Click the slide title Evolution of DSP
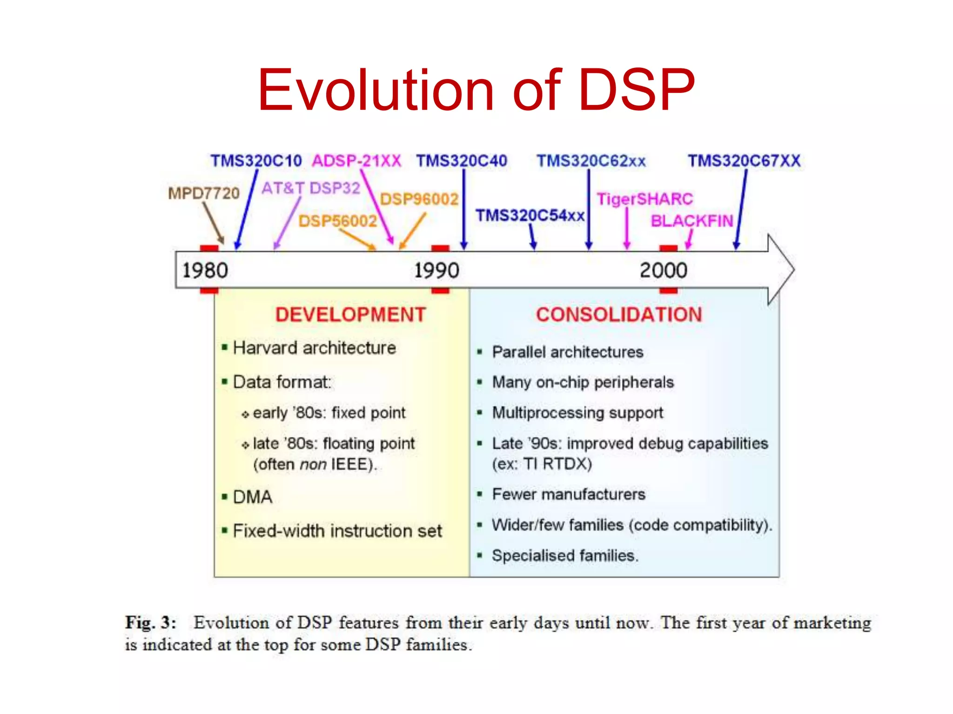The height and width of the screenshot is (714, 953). pyautogui.click(x=476, y=90)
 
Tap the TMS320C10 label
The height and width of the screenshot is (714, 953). pyautogui.click(x=256, y=161)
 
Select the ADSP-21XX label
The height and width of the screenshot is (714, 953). pyautogui.click(x=356, y=161)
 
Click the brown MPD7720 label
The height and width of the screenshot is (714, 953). pyautogui.click(x=204, y=193)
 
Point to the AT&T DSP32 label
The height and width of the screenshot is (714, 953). pyautogui.click(x=311, y=188)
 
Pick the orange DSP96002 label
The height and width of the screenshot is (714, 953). pyautogui.click(x=419, y=199)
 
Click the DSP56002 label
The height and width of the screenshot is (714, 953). pyautogui.click(x=337, y=221)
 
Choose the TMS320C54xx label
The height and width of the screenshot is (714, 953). pyautogui.click(x=530, y=216)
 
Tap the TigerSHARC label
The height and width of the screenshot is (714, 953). pyautogui.click(x=645, y=199)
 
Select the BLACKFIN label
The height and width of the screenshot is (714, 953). pyautogui.click(x=691, y=221)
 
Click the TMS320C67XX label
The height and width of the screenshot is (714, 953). pyautogui.click(x=744, y=161)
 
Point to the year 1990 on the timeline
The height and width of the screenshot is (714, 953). pyautogui.click(x=436, y=271)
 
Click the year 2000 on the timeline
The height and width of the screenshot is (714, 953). pyautogui.click(x=663, y=271)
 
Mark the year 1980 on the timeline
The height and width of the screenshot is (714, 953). pyautogui.click(x=205, y=271)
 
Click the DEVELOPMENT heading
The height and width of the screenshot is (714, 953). pyautogui.click(x=350, y=315)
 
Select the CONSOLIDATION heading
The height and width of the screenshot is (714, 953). pyautogui.click(x=619, y=315)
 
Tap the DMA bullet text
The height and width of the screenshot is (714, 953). pyautogui.click(x=253, y=497)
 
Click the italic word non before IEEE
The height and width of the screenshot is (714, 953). pyautogui.click(x=313, y=464)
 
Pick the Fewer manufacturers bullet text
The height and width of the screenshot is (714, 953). pyautogui.click(x=569, y=494)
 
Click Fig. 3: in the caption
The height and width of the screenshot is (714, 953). pyautogui.click(x=150, y=622)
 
